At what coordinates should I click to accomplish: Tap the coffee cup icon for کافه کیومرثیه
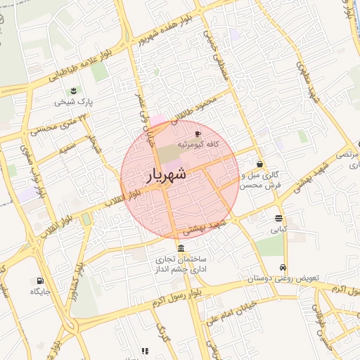(198, 133)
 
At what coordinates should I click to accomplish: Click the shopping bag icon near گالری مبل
(259, 164)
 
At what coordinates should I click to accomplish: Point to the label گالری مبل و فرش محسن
(259, 180)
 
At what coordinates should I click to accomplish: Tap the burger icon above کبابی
(279, 218)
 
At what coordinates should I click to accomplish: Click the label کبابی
(279, 229)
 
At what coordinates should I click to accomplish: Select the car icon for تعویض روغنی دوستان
(283, 267)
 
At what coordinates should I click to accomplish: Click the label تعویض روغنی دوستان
(282, 278)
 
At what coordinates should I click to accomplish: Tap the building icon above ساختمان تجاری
(181, 248)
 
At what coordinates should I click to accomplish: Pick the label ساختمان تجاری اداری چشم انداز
(181, 264)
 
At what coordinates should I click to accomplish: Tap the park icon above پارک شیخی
(74, 91)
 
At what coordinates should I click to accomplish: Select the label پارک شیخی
(74, 102)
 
